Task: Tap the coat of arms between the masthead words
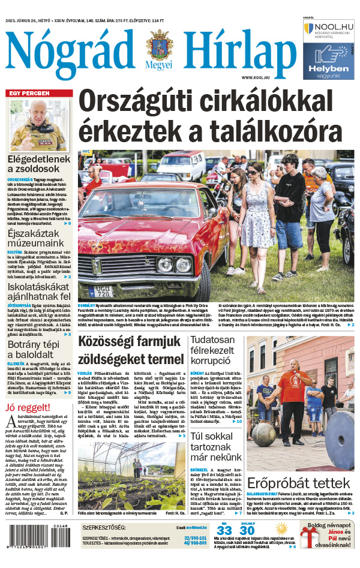[158, 44]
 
